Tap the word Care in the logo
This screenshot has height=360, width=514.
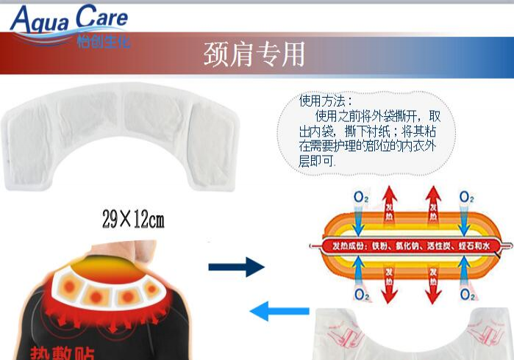[x=99, y=18]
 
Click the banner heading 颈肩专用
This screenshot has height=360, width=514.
[x=254, y=54]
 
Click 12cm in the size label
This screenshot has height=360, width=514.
[x=149, y=219]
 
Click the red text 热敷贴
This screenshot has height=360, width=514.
[x=62, y=353]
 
